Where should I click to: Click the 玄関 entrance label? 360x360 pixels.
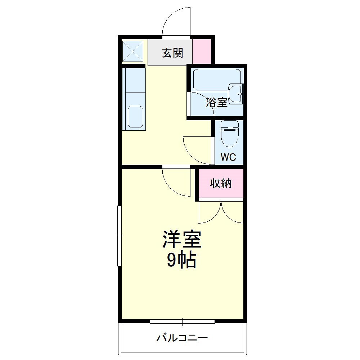click(173, 53)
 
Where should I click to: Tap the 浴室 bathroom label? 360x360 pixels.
click(216, 102)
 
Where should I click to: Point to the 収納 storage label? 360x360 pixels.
click(221, 183)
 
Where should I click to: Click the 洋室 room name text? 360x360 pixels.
click(182, 239)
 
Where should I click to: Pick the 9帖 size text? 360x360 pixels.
click(181, 260)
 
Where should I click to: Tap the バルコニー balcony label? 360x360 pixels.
click(182, 338)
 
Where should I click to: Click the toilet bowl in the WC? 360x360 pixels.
click(229, 134)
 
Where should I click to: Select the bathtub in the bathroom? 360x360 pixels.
click(217, 80)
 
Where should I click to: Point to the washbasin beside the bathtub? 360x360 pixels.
click(235, 94)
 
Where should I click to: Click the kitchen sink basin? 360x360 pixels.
click(135, 116)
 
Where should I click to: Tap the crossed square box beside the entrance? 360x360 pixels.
click(133, 51)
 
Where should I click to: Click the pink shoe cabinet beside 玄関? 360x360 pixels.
click(202, 51)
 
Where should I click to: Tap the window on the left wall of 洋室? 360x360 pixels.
click(120, 236)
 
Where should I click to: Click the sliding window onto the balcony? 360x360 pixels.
click(182, 321)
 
